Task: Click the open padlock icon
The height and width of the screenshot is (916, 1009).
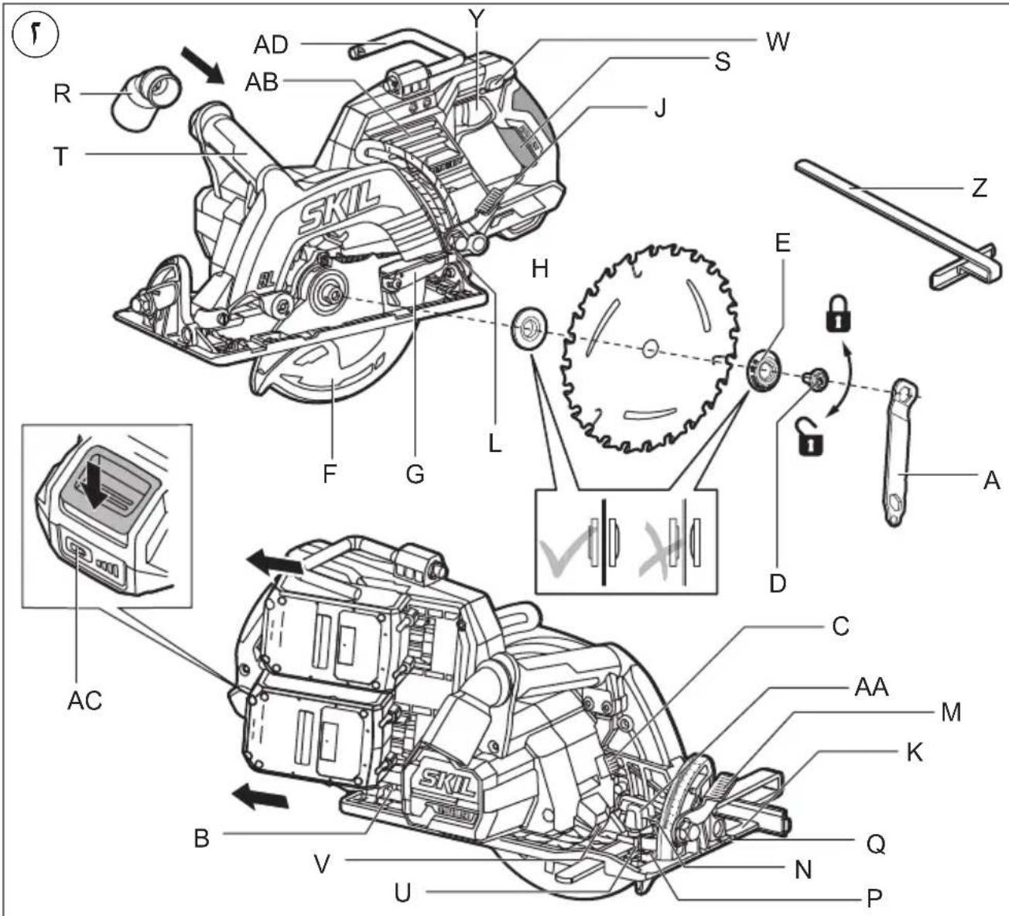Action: [x=810, y=436]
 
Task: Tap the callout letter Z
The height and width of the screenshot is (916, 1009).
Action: [x=979, y=188]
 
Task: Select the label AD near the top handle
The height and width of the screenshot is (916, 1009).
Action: [x=271, y=45]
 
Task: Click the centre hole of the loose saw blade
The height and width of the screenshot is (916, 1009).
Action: [x=651, y=348]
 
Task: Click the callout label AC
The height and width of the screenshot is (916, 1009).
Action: [x=84, y=700]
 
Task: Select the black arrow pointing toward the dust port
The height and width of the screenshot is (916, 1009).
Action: [x=203, y=65]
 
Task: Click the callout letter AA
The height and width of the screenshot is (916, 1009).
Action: [x=871, y=687]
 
